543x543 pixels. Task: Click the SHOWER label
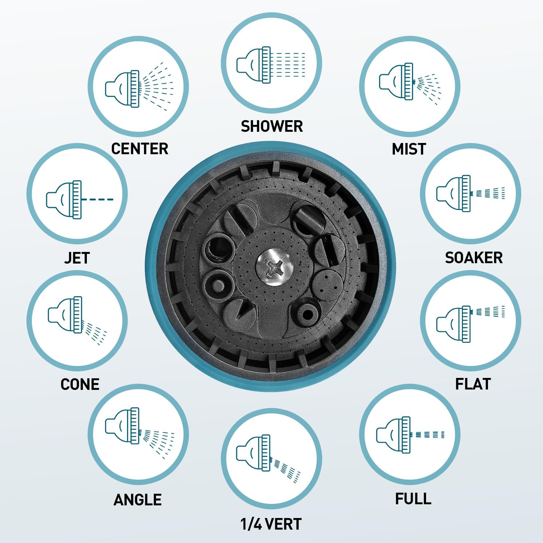[272, 126]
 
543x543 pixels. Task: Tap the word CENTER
[140, 149]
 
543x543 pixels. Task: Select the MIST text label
[409, 149]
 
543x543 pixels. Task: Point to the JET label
[77, 258]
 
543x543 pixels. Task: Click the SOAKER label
[474, 258]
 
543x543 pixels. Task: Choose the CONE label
[80, 384]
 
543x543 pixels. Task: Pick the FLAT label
[473, 384]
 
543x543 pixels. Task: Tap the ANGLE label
[138, 500]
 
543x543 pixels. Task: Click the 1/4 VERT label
[271, 524]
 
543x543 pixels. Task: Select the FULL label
[413, 499]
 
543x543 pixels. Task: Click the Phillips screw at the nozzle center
[274, 268]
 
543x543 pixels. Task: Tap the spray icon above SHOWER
[271, 65]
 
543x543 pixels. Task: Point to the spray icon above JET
[80, 199]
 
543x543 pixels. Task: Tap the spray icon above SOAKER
[471, 193]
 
